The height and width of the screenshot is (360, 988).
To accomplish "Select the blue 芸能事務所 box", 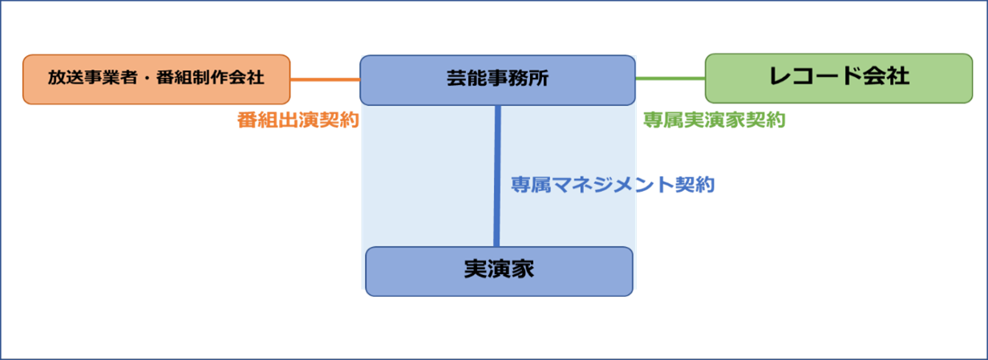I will [x=497, y=79].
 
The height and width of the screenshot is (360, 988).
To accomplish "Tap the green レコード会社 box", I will [x=838, y=78].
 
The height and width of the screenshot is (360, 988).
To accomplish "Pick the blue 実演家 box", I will [x=499, y=271].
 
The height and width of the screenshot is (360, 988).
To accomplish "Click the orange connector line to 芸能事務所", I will [x=325, y=79].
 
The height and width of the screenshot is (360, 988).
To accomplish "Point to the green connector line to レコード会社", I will [x=670, y=78].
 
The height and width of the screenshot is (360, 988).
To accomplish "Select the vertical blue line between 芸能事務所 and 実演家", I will [x=497, y=176].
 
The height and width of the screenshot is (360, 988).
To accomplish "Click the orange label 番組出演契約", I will [x=298, y=120].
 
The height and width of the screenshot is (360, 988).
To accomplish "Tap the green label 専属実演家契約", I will [x=714, y=120].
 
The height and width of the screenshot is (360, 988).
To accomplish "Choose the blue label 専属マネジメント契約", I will [x=613, y=185].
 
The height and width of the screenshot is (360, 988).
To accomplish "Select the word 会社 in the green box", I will [x=886, y=77].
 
